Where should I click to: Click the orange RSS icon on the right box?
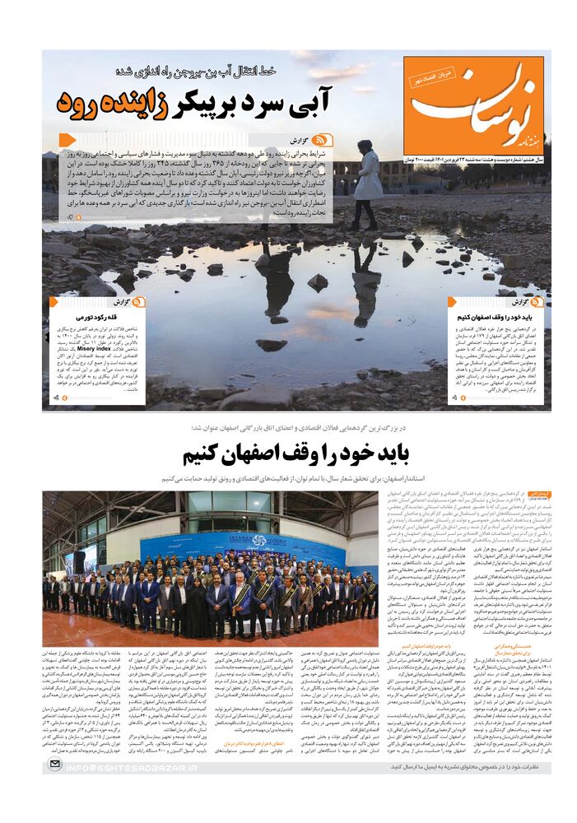(539, 302)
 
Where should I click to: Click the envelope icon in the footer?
(54, 765)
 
